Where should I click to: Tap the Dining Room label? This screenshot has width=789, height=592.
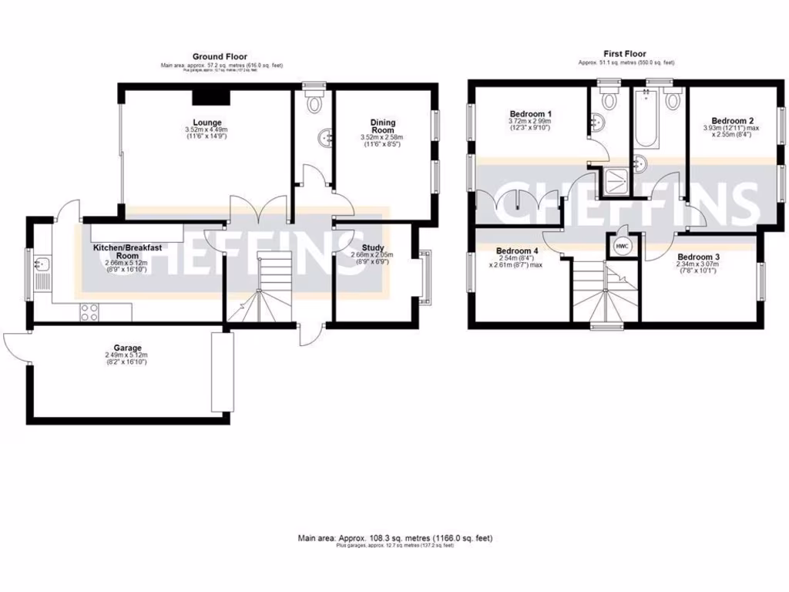point(382,126)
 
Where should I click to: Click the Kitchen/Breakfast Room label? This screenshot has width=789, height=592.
point(127,251)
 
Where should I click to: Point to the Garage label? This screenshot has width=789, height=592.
point(125,348)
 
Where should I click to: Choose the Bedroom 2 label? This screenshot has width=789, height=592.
point(731,120)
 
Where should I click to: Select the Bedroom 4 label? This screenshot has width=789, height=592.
point(517,251)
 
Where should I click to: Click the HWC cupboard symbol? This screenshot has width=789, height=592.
point(621,245)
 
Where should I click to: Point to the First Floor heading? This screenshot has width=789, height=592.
point(625,54)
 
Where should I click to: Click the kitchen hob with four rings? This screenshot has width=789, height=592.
point(89,312)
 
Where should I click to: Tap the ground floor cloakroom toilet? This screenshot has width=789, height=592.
point(314,102)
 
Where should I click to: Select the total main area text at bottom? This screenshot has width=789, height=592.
point(394,537)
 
